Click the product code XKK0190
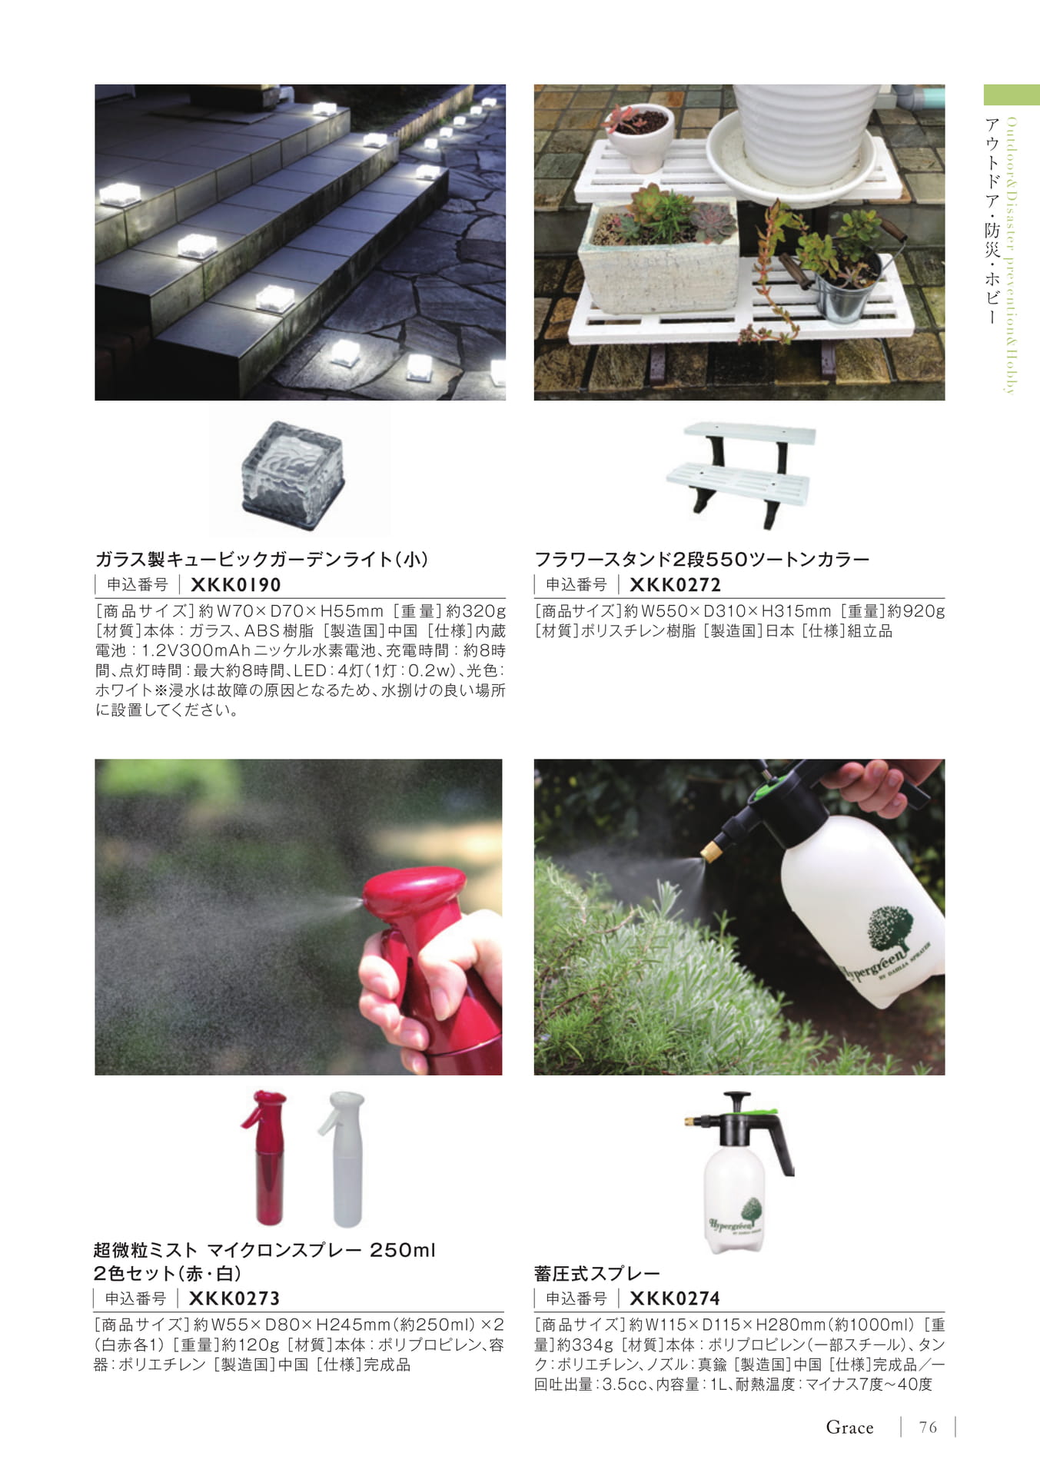coord(235,585)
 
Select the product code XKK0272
coord(675,585)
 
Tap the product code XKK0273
coord(234,1298)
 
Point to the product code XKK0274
coord(674,1298)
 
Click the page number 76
coord(928,1428)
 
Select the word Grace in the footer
coord(849,1428)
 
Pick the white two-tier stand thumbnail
coord(740,474)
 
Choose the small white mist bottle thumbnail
coord(342,1158)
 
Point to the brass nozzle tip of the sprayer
coord(711,849)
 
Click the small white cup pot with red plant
coord(640,136)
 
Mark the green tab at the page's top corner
coord(1012,95)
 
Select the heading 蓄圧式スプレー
coord(597,1274)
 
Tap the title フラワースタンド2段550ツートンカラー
coord(702,559)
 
